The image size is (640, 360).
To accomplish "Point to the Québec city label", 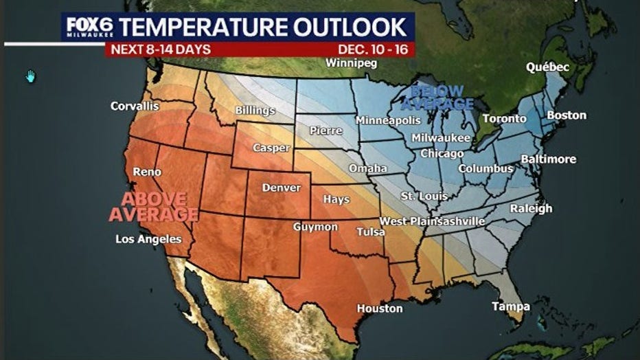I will tap(547, 67).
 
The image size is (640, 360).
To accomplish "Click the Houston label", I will tap(379, 308).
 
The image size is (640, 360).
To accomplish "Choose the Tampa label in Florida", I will tap(510, 306).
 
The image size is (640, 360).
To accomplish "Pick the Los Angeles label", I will tap(148, 239).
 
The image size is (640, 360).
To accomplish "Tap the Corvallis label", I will tap(135, 106).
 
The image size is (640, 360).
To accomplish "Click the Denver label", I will tap(282, 188).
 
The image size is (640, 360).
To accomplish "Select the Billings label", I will tap(255, 110).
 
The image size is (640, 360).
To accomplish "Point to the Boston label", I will tap(567, 115).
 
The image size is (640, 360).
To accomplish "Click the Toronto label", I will tap(504, 119).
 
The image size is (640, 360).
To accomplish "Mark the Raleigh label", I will tap(531, 208).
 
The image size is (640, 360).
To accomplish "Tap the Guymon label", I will tap(315, 227).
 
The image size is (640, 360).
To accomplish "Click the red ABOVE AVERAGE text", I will tap(154, 207).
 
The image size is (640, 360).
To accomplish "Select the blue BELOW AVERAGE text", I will tap(437, 98).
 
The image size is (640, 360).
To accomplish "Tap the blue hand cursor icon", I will tap(30, 76).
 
